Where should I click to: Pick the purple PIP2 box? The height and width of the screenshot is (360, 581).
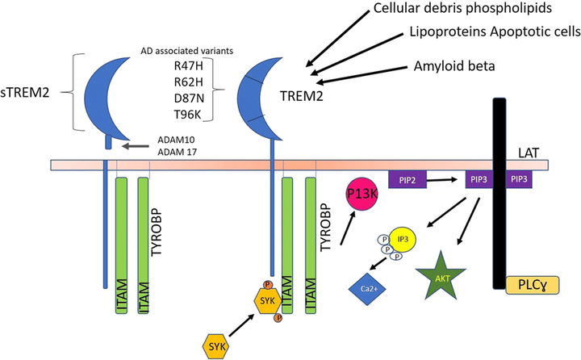(407, 177)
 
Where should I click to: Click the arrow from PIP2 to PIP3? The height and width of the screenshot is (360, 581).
(442, 177)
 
